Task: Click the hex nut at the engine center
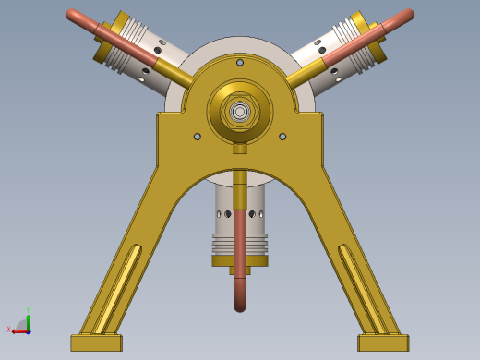pyautogui.click(x=240, y=112)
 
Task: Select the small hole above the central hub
pyautogui.click(x=240, y=63)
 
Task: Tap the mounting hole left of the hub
pyautogui.click(x=198, y=137)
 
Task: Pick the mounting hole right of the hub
pyautogui.click(x=282, y=137)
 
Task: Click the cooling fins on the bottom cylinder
pyautogui.click(x=240, y=245)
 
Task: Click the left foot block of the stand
pyautogui.click(x=96, y=342)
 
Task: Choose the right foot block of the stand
pyautogui.click(x=383, y=342)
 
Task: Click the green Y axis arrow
pyautogui.click(x=29, y=314)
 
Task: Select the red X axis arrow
pyautogui.click(x=11, y=329)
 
